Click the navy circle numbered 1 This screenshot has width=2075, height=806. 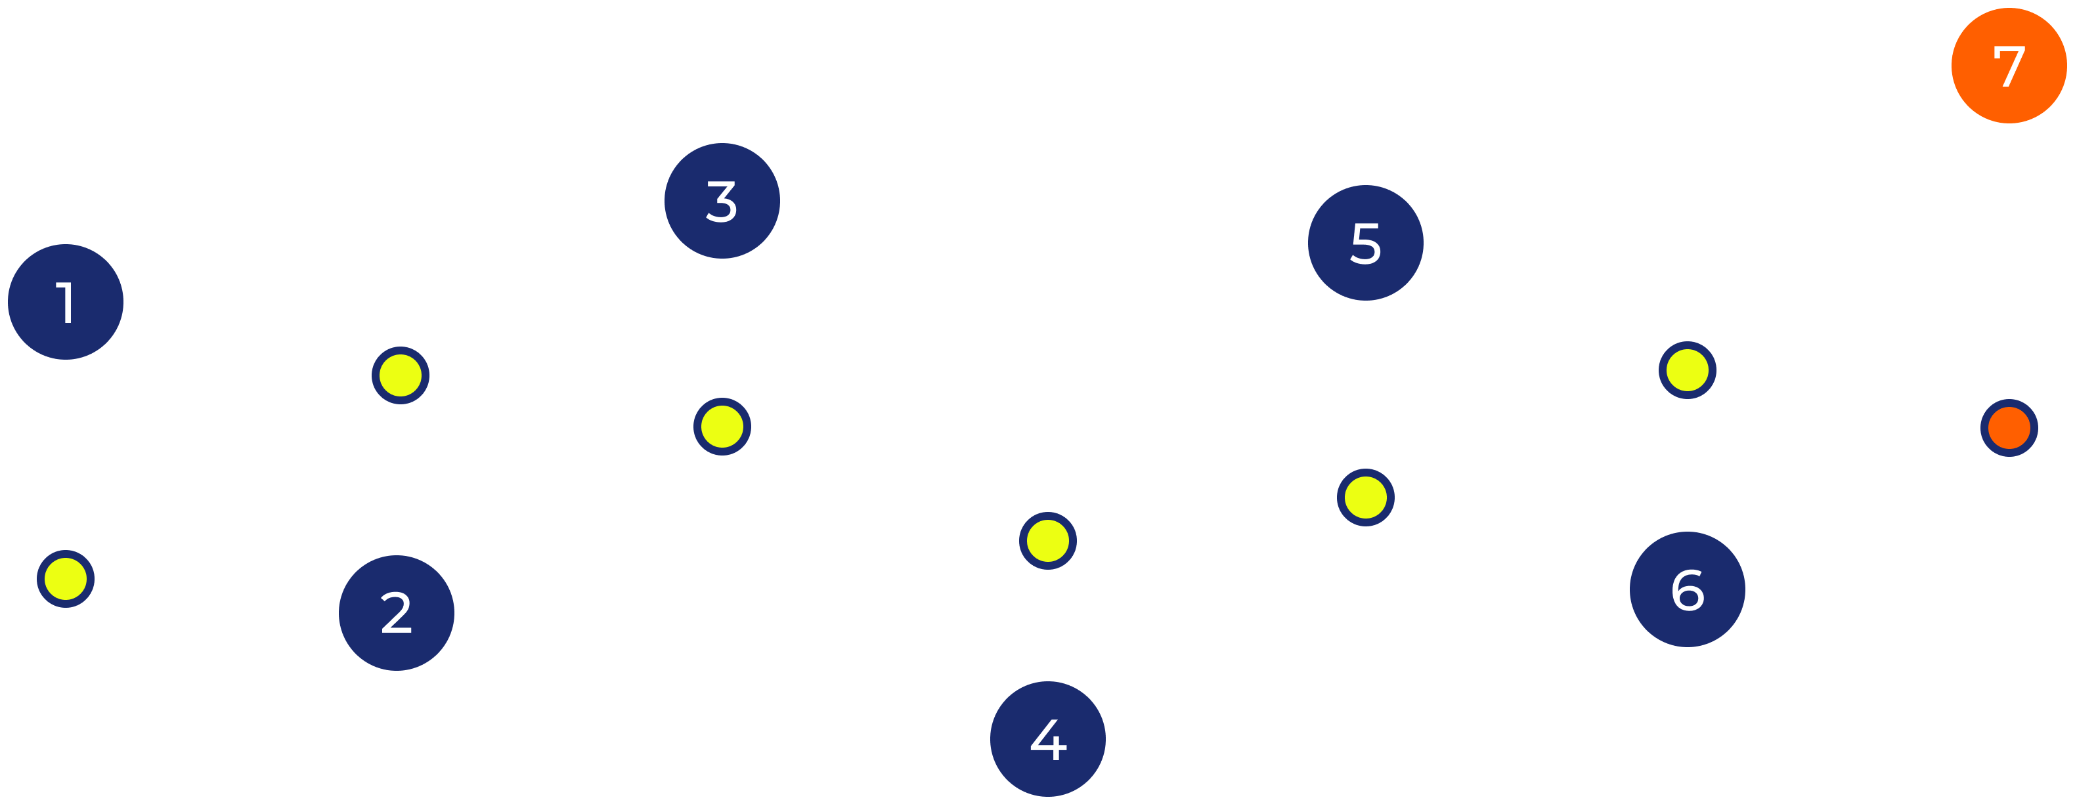65,302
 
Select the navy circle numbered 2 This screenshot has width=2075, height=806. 397,613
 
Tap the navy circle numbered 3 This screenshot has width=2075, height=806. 722,200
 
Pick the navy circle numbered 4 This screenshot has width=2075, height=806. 1047,739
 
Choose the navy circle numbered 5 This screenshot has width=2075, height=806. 1365,242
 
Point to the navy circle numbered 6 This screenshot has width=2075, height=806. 1687,589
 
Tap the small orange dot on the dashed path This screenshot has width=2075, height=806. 2009,427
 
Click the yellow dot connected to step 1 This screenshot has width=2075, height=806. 65,579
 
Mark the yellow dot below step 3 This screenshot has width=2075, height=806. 722,426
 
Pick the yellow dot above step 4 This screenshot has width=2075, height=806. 1047,540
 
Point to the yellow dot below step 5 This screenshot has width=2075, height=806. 1365,498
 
